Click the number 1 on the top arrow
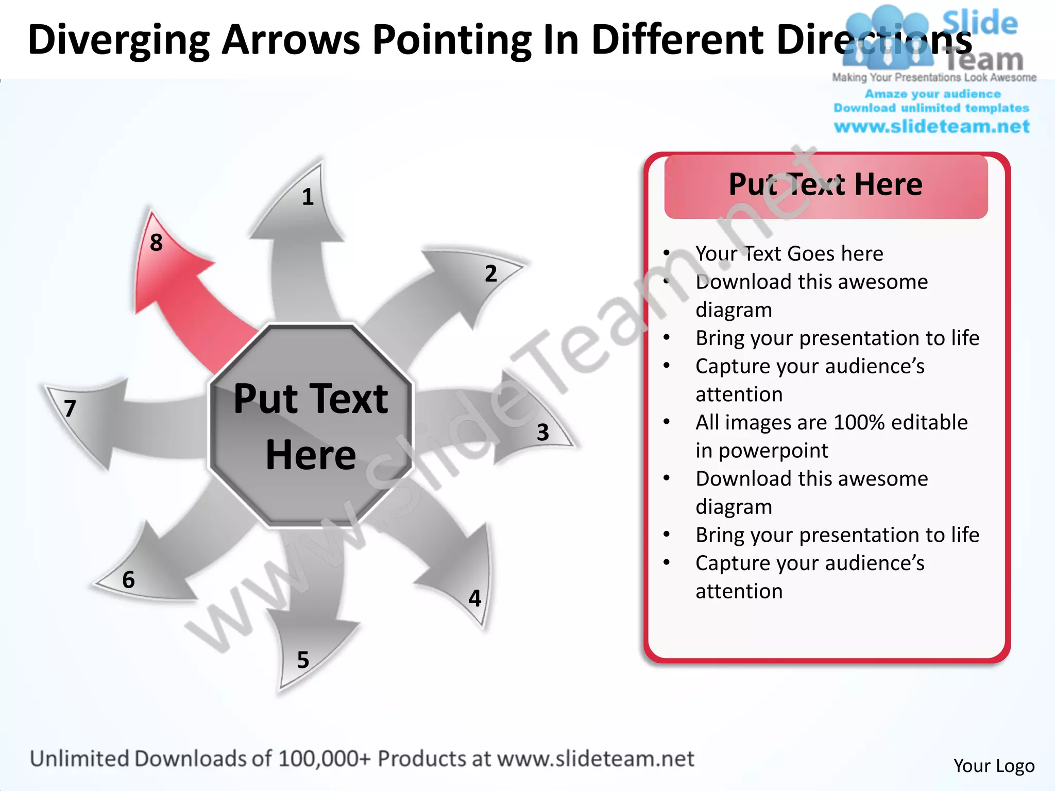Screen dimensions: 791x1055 point(308,197)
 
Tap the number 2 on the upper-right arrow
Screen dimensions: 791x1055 point(491,273)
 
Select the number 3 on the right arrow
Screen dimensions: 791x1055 point(542,433)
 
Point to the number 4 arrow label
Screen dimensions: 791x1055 point(474,598)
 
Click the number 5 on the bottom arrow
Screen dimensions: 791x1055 point(303,660)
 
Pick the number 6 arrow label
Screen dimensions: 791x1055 point(128,580)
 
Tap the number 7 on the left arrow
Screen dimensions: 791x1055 point(70,409)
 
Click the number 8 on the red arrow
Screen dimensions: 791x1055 point(156,243)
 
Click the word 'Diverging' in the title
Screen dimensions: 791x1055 point(118,40)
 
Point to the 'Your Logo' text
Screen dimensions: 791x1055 point(994,766)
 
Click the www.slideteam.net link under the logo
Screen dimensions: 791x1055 point(931,126)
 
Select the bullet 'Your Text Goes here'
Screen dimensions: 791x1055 point(789,253)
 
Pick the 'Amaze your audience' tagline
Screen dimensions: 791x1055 point(932,94)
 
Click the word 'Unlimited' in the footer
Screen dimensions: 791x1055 point(79,759)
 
